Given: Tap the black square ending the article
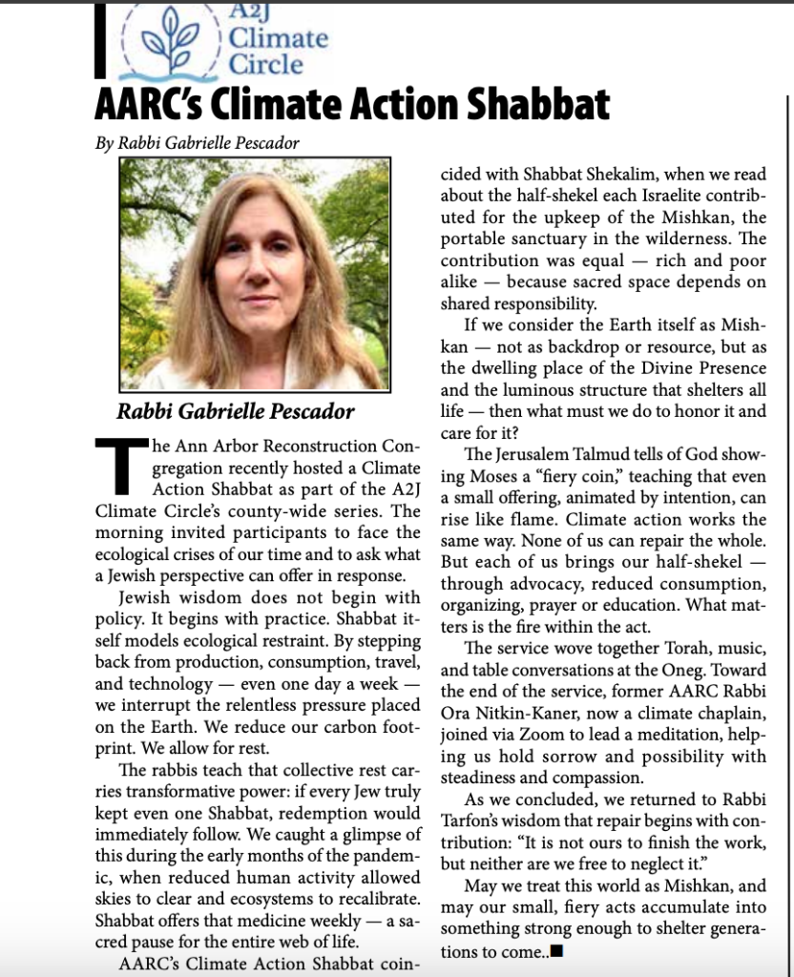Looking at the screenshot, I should click(557, 950).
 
